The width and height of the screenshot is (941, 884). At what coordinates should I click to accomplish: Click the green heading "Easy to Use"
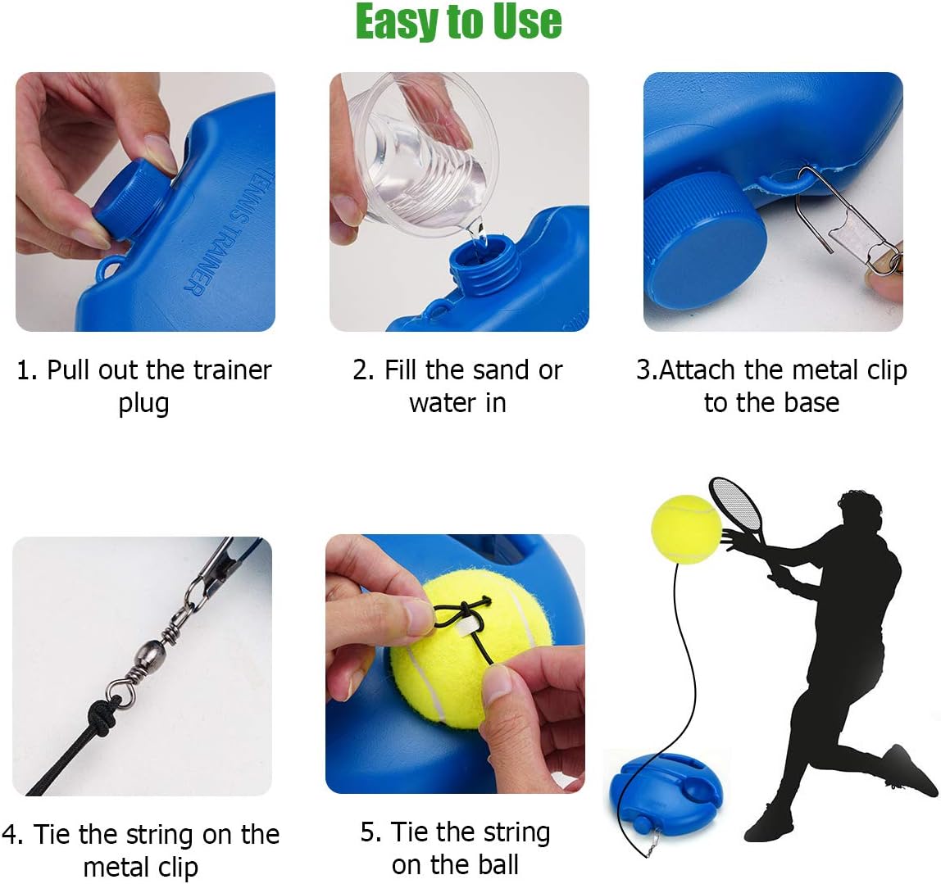click(x=458, y=22)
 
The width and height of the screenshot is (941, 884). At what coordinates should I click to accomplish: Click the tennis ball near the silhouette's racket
click(x=685, y=528)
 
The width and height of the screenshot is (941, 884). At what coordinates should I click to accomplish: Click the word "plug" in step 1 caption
click(x=143, y=404)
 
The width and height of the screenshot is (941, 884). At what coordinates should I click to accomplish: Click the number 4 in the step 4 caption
click(x=11, y=835)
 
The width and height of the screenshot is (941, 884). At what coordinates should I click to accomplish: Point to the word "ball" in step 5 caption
click(x=496, y=864)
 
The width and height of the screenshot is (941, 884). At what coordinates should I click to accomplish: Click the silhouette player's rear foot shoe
click(x=911, y=770)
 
